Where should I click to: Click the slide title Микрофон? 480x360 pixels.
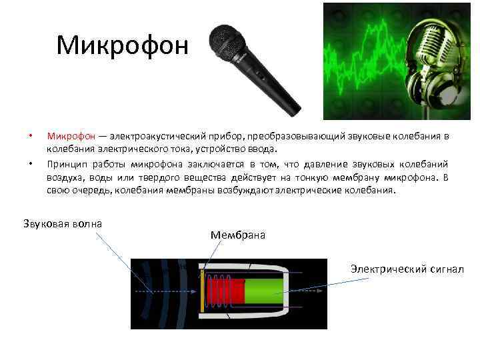point(123,45)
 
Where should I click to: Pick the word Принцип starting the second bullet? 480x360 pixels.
point(67,163)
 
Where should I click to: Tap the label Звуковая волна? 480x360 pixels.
point(63,223)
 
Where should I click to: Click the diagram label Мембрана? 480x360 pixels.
point(237,235)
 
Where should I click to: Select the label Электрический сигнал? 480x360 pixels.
point(407,269)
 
